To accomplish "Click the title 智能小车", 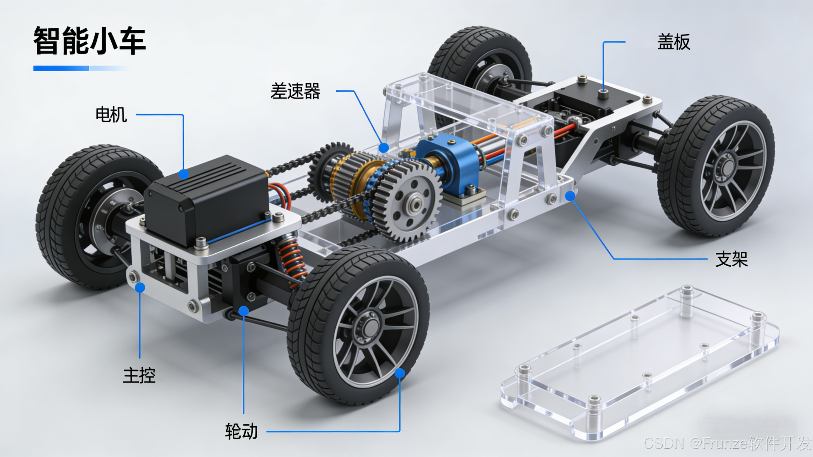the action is (90, 41).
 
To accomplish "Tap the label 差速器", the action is (295, 91).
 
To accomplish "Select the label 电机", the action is (111, 114).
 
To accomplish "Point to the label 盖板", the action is (674, 42).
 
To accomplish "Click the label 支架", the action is (732, 259).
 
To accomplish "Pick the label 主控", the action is (139, 375).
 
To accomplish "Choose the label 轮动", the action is (242, 431).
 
